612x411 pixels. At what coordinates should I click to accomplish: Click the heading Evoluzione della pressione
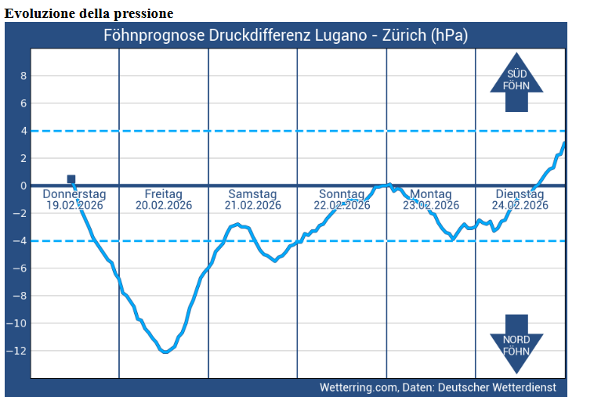pyautogui.click(x=89, y=14)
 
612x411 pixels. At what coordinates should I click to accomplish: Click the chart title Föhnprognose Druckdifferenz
pyautogui.click(x=286, y=35)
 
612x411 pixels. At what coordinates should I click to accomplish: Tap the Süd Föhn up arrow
pyautogui.click(x=516, y=83)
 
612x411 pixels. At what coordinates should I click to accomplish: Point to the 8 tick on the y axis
pyautogui.click(x=24, y=76)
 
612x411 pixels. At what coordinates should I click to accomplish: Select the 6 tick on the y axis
pyautogui.click(x=24, y=103)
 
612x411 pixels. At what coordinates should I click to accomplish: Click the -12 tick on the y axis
pyautogui.click(x=20, y=351)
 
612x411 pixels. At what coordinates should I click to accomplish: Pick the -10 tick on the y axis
pyautogui.click(x=20, y=323)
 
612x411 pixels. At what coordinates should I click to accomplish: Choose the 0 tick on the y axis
pyautogui.click(x=24, y=186)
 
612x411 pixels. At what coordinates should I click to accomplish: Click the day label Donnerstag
pyautogui.click(x=74, y=194)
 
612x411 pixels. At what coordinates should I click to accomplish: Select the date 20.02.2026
pyautogui.click(x=164, y=206)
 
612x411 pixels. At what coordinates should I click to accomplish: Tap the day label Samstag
pyautogui.click(x=252, y=194)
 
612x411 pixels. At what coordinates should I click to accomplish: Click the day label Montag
pyautogui.click(x=431, y=194)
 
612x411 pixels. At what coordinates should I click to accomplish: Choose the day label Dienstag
pyautogui.click(x=520, y=194)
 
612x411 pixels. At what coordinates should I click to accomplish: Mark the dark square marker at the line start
pyautogui.click(x=71, y=179)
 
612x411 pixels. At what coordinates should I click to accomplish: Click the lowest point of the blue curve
pyautogui.click(x=165, y=352)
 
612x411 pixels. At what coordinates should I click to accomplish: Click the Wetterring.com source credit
pyautogui.click(x=438, y=388)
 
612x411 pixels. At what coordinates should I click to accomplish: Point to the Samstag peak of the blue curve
pyautogui.click(x=237, y=225)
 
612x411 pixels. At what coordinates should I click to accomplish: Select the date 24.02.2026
pyautogui.click(x=520, y=206)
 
